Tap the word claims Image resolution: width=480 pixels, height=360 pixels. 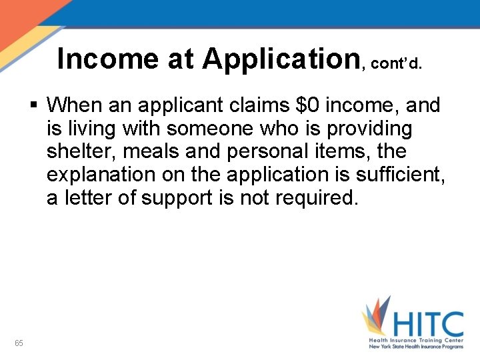[x=253, y=105]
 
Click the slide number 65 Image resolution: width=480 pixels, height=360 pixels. [x=19, y=343]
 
